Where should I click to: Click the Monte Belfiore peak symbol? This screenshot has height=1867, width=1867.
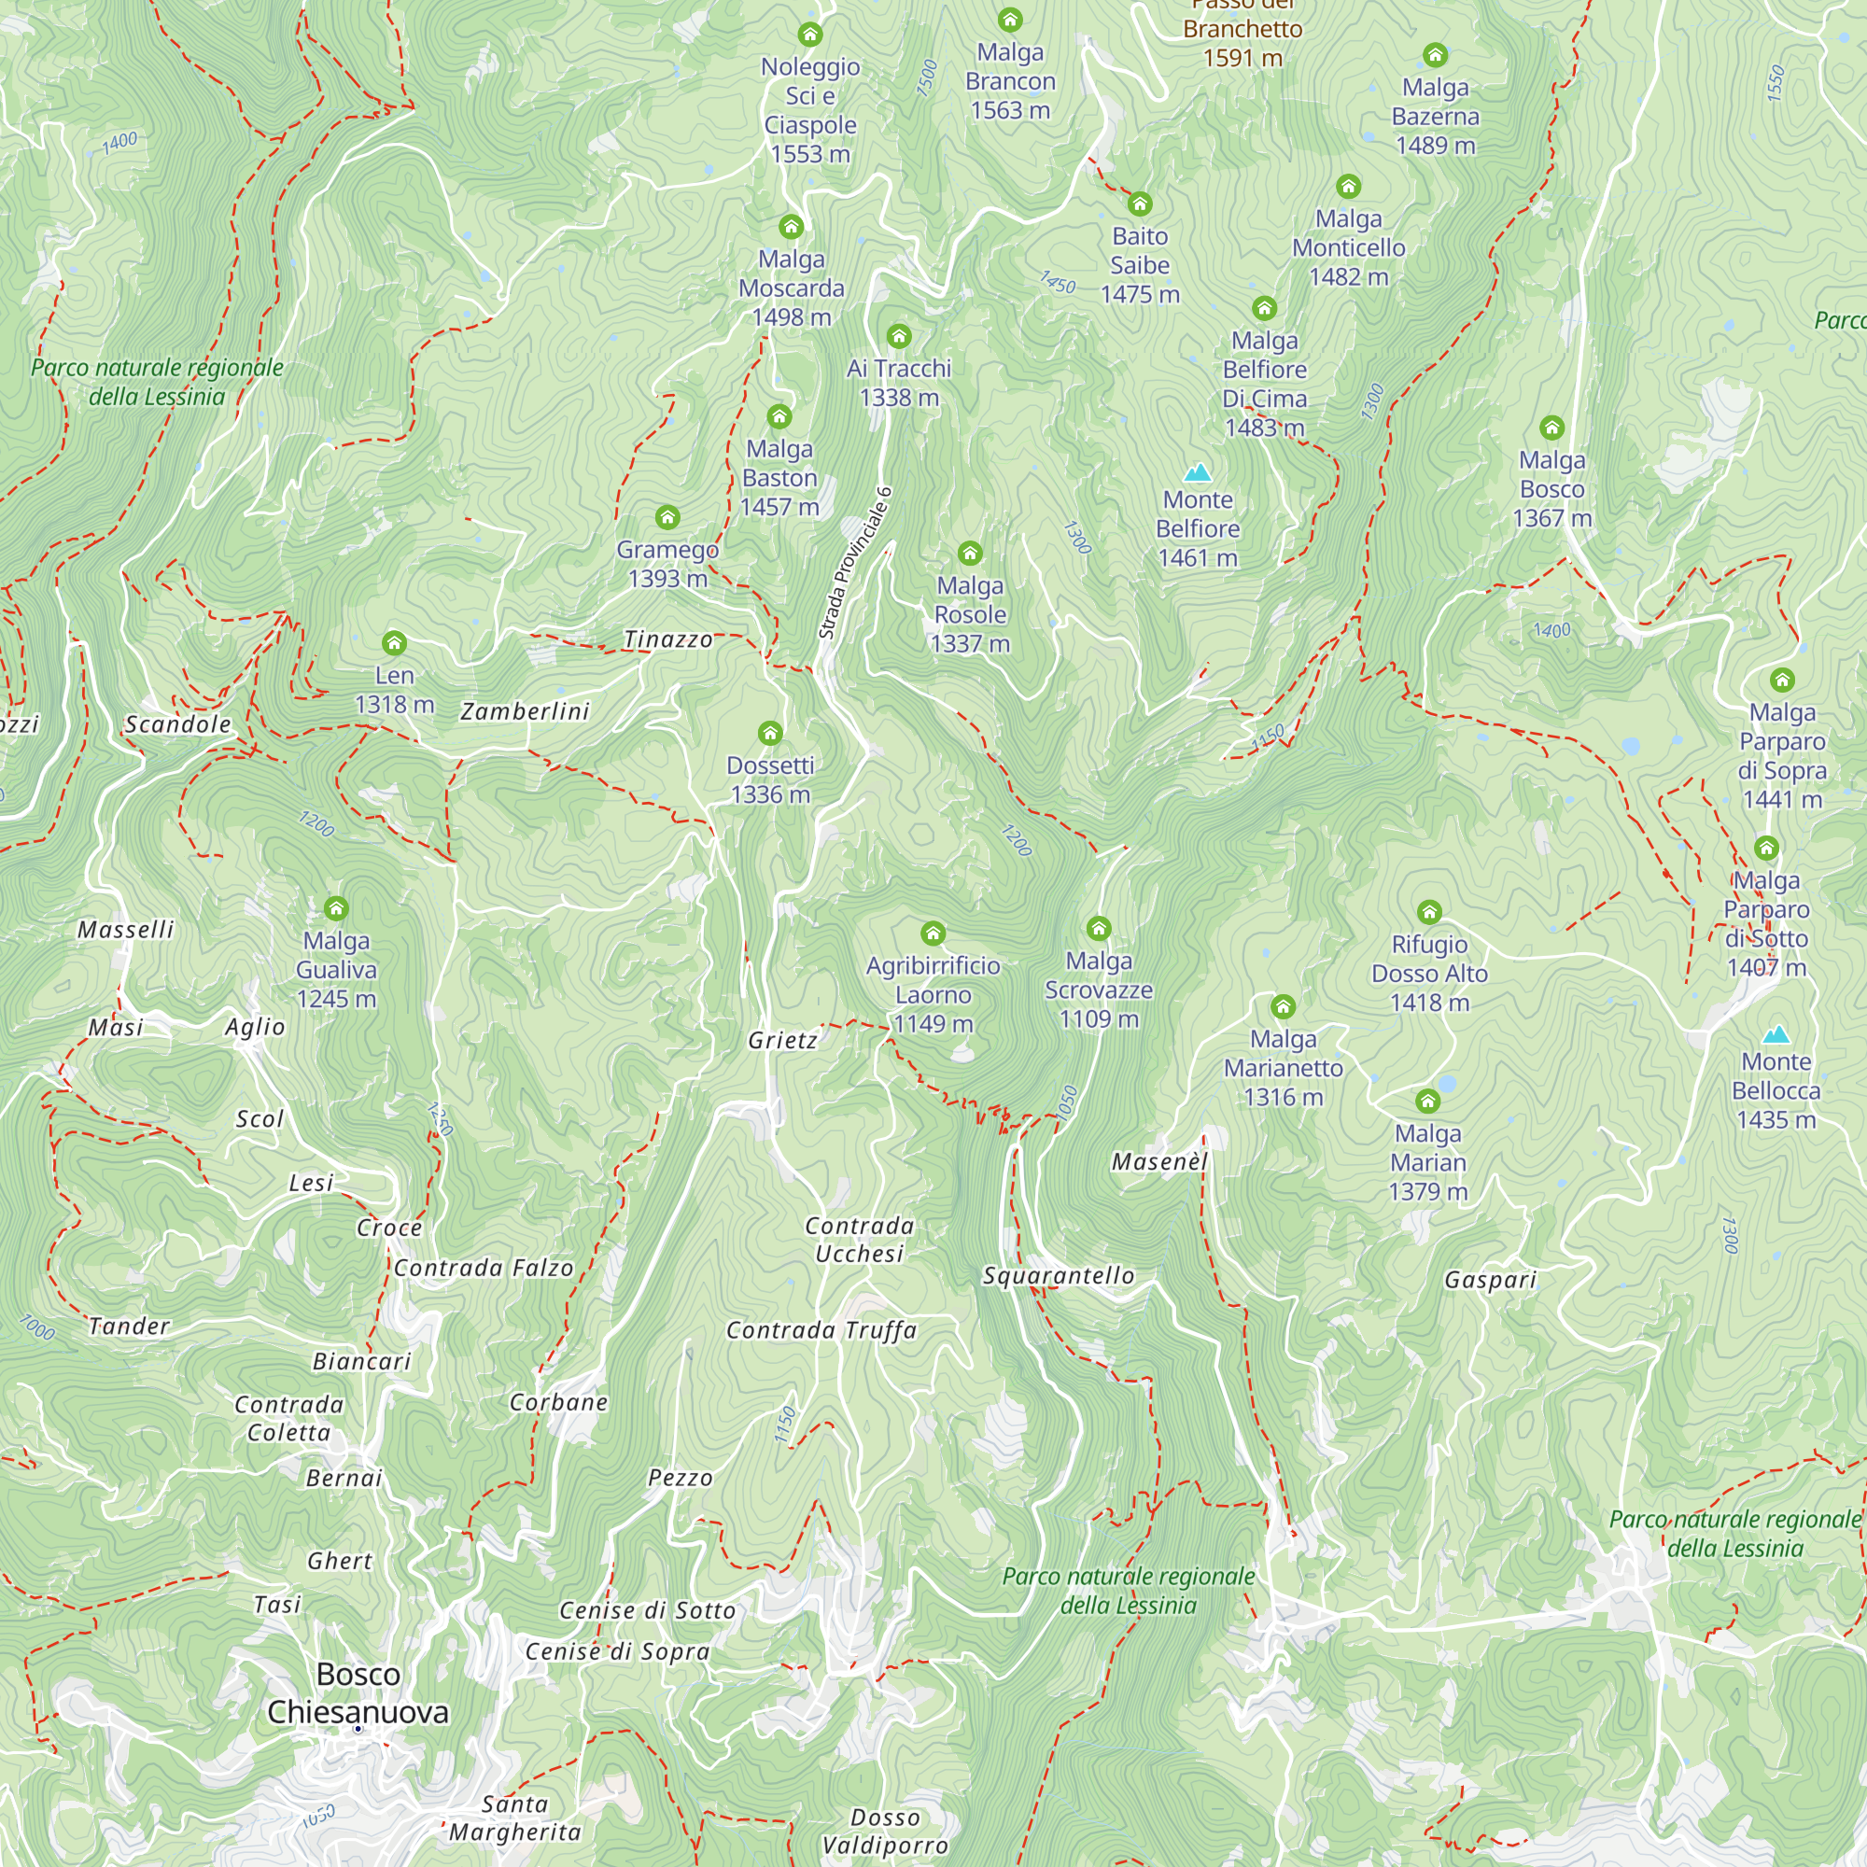coord(1198,471)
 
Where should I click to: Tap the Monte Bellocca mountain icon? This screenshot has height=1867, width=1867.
coord(1776,1034)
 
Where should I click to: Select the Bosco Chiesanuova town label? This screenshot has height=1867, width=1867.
coord(358,1693)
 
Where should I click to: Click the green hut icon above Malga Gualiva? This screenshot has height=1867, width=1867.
coord(335,908)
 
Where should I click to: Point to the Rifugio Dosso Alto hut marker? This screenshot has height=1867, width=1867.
coord(1429,912)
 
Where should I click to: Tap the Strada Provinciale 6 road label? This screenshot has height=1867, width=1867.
coord(854,564)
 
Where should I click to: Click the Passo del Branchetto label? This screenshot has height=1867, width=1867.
coord(1242,29)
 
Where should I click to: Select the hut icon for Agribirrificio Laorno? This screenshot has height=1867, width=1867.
coord(933,933)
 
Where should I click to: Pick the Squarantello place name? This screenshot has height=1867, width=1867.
coord(1059,1275)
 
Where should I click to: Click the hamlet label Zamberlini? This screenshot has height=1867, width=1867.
coord(525,711)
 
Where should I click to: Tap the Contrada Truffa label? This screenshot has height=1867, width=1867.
coord(821,1329)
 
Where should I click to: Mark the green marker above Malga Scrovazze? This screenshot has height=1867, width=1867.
coord(1099,929)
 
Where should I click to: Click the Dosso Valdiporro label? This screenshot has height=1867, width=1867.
coord(884,1832)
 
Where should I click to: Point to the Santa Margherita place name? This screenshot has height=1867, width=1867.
coord(515,1818)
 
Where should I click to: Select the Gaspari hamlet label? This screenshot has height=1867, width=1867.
coord(1490,1280)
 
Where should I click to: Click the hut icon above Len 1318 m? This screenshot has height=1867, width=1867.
coord(393,642)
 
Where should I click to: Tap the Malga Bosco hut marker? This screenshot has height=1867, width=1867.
coord(1552,428)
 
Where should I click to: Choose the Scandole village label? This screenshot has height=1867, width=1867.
coord(177,724)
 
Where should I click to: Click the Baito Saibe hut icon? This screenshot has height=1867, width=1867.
coord(1141,204)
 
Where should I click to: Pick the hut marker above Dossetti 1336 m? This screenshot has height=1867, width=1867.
coord(770,733)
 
